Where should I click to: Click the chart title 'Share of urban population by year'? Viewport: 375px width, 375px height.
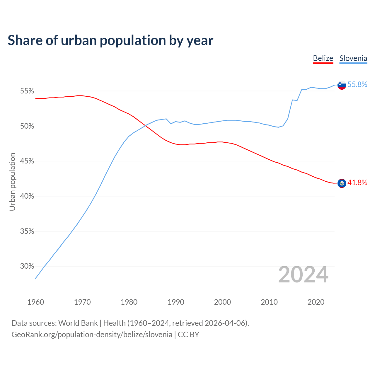tap(110, 40)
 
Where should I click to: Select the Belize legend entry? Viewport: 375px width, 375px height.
tap(323, 58)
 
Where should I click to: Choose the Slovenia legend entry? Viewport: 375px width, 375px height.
tap(353, 58)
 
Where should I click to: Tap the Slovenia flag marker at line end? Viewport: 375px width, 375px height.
tap(342, 85)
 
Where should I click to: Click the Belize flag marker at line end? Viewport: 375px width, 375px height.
tap(342, 183)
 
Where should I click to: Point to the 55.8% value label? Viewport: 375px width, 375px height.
tap(357, 85)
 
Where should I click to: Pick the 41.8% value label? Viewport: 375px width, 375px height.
tap(357, 183)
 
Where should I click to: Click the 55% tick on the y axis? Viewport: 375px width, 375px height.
tap(27, 91)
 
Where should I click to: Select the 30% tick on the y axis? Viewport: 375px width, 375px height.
tap(27, 266)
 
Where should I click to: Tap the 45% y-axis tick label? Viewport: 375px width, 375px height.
tap(27, 161)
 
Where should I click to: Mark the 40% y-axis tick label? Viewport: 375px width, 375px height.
tap(27, 196)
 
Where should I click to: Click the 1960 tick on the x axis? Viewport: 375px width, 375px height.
tap(36, 302)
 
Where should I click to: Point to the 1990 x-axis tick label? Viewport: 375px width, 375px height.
tap(176, 302)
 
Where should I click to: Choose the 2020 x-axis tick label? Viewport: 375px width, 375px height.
tap(316, 302)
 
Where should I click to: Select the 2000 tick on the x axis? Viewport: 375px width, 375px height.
tap(223, 302)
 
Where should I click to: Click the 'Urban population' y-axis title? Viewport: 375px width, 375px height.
tap(12, 182)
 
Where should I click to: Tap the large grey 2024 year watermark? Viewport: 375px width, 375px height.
tap(303, 275)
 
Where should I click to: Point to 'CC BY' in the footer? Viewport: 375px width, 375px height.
tap(188, 335)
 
